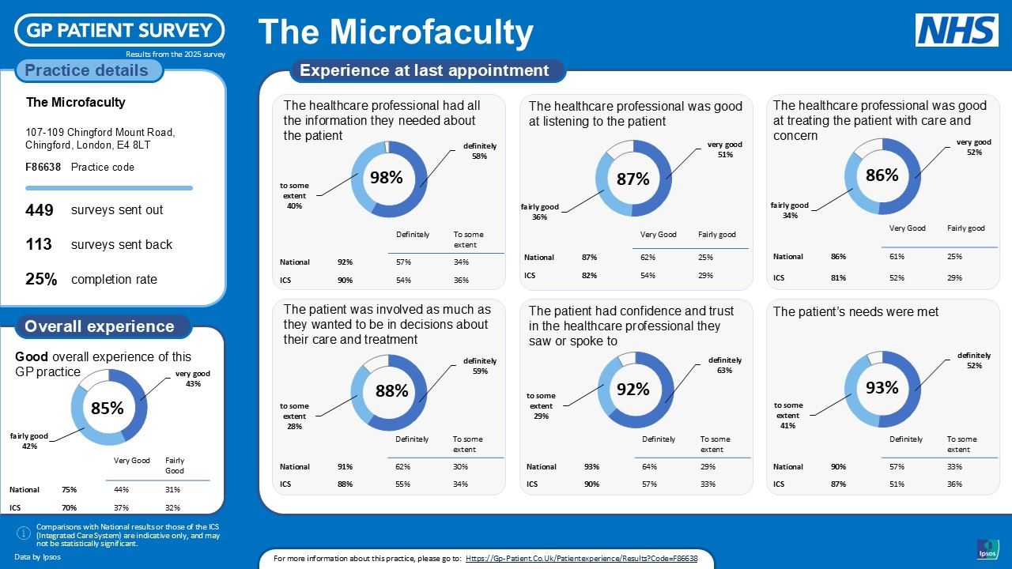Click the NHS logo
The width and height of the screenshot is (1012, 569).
pos(957,30)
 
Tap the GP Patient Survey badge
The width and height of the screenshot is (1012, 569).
pos(119,31)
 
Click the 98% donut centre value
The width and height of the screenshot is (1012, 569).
pos(387,178)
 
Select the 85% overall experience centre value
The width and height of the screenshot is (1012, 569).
pos(107,408)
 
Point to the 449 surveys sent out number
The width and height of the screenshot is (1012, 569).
pos(40,210)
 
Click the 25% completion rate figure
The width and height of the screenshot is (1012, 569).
pos(41,279)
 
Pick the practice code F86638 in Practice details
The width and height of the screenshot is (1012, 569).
pos(43,167)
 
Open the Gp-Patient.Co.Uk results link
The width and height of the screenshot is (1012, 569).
pos(581,559)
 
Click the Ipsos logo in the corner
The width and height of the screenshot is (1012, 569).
pos(987,549)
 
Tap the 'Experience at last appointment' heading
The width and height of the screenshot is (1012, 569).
pos(425,70)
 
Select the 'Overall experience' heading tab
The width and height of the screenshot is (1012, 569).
pos(100,326)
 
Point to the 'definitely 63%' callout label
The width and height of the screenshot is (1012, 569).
pos(725,365)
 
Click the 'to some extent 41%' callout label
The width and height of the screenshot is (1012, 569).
pos(787,415)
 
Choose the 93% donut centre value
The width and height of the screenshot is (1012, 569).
pos(882,387)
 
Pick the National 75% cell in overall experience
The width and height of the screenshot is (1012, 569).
pos(69,489)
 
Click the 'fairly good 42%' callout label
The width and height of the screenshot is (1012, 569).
pos(29,440)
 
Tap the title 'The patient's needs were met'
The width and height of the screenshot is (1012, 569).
pos(855,312)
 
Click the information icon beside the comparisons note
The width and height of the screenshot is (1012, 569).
pos(24,534)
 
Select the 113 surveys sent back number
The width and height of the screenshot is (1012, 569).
pos(39,244)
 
